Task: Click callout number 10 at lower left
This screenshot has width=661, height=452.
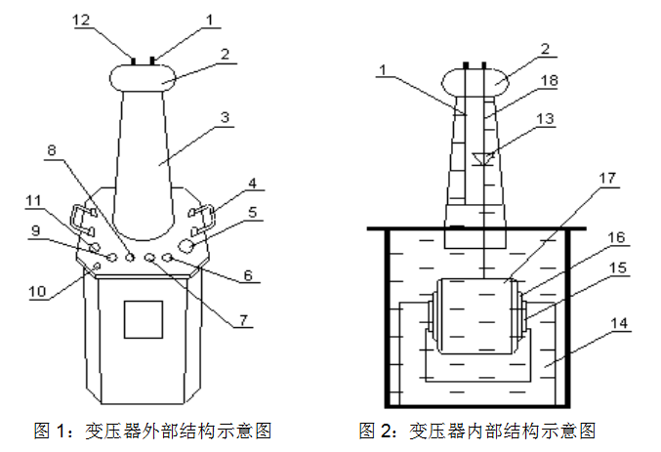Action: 36,289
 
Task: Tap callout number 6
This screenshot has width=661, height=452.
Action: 247,276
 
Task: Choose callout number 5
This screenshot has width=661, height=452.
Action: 251,211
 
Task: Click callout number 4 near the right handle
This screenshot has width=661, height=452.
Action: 251,183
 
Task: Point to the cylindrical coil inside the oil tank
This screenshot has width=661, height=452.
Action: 478,315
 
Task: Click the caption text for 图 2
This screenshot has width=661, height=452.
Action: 476,430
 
